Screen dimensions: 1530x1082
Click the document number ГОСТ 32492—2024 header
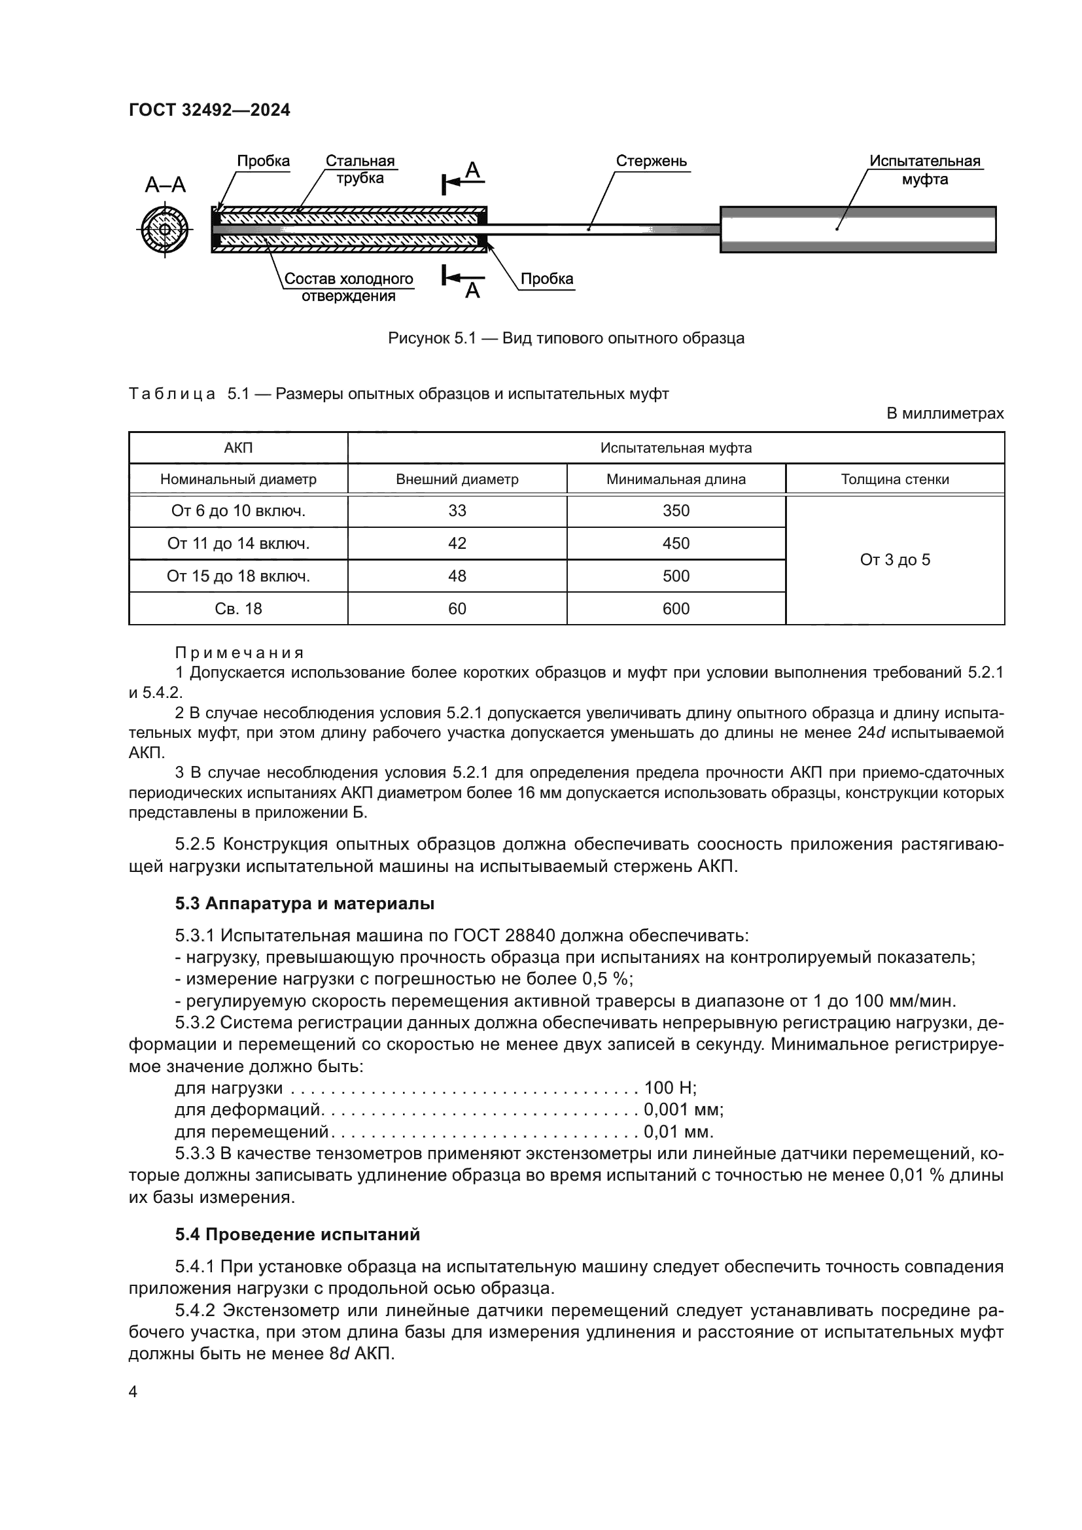tap(209, 110)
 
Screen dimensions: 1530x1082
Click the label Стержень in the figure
tap(651, 162)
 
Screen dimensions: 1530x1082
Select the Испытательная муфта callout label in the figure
tap(924, 170)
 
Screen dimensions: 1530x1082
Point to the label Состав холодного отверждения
tap(349, 287)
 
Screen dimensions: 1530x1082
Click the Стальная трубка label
tap(360, 169)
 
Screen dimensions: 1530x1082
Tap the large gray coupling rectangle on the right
tap(858, 230)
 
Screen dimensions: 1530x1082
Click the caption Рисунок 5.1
tap(566, 339)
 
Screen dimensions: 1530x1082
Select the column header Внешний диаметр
tap(457, 479)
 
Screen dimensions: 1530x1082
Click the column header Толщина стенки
tap(894, 479)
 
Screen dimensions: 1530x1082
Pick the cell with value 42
tap(457, 544)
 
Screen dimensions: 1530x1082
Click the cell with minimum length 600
tap(676, 608)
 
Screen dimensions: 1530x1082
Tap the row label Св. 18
tap(239, 608)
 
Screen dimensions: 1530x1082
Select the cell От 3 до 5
tap(894, 560)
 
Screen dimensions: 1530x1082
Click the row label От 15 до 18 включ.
tap(239, 576)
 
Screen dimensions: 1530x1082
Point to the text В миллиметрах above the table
tap(944, 414)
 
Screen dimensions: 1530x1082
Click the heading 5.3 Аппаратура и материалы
tap(304, 903)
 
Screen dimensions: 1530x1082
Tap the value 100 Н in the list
tap(670, 1088)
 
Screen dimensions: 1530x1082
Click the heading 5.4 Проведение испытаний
tap(297, 1234)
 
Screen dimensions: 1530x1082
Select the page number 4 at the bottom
tap(133, 1391)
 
